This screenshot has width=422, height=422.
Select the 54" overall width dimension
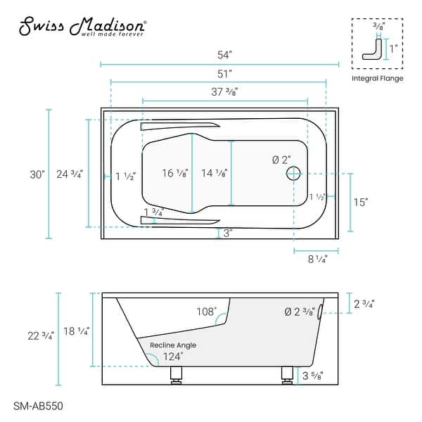click(x=220, y=54)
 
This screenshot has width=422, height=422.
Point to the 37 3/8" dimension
click(x=223, y=91)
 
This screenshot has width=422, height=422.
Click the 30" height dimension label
click(x=37, y=174)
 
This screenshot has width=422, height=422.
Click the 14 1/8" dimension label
click(x=214, y=174)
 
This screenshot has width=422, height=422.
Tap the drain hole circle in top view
click(x=294, y=172)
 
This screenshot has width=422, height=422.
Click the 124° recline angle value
click(x=172, y=357)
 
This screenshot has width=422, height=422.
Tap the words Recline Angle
click(x=172, y=345)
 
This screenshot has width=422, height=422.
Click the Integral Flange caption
click(x=377, y=78)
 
